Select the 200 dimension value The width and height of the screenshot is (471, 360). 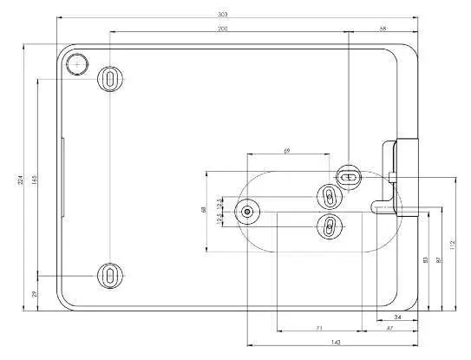pos(224,29)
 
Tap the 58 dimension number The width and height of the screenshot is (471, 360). pos(383,29)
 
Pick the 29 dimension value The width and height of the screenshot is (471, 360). pos(35,295)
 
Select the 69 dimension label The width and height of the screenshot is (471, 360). pos(287,151)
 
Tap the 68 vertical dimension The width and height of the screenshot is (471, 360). pos(203,209)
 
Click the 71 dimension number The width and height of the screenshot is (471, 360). pos(318,328)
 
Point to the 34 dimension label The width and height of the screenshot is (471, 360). pos(397,317)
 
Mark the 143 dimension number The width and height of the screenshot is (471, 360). pos(335,343)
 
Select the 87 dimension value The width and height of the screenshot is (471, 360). pos(439,259)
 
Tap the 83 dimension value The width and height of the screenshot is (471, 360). pos(425,259)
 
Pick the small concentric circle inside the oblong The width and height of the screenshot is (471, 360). pos(249,211)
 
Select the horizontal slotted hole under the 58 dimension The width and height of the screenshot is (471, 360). pos(347,175)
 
